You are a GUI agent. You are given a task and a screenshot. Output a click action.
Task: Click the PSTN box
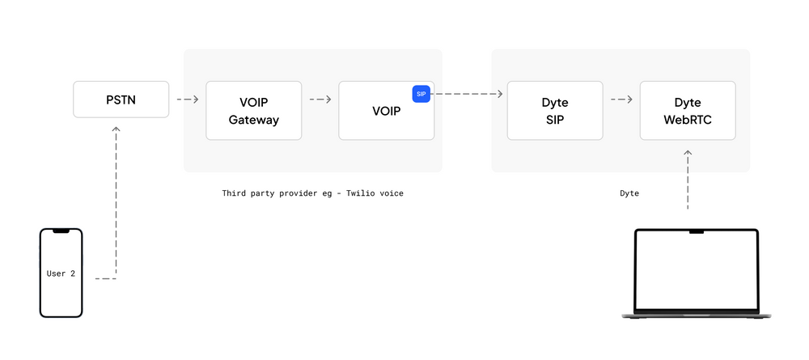coord(121,99)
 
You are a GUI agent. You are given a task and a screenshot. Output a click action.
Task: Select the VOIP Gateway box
coord(253,110)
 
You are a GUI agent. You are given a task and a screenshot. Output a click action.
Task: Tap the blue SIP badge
coord(421,94)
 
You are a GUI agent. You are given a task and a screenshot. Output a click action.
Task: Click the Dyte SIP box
coord(554,110)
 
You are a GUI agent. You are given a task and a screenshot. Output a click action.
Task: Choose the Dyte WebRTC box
coord(687,110)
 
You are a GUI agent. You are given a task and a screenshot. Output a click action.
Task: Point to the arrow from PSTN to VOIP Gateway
coord(187,100)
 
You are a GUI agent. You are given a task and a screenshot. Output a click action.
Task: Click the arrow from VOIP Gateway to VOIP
coord(320,100)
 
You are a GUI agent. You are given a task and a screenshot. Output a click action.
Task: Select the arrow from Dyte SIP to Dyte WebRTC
coord(621,100)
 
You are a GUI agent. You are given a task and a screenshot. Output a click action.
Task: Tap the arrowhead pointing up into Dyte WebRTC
coord(688,152)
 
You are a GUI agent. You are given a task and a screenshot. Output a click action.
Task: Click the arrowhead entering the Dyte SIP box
coord(499,94)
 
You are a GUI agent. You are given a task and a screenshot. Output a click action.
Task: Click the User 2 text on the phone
coord(61,273)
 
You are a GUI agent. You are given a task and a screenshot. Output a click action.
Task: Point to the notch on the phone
coord(61,231)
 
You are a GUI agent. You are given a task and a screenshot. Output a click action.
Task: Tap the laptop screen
coord(696,272)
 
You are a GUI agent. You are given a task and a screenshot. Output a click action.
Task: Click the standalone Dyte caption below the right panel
coord(629,193)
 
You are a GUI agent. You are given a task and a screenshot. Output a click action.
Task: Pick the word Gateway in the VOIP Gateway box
coord(253,120)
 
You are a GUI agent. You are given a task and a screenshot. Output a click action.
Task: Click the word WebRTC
coord(687,120)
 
